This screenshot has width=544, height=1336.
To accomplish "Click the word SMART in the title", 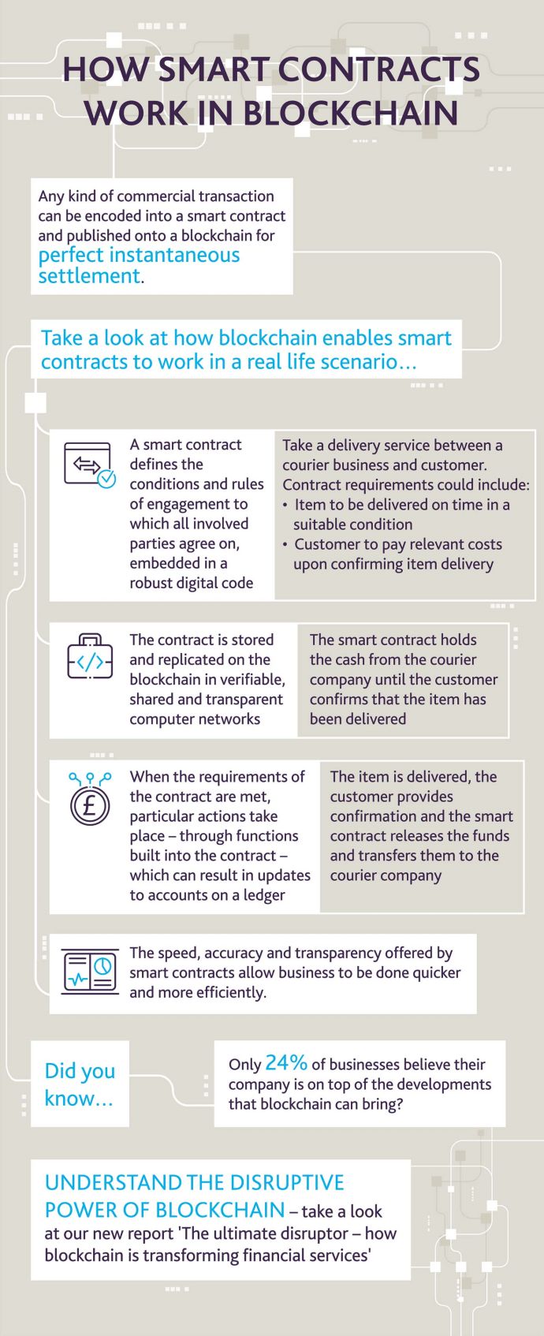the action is [x=215, y=69].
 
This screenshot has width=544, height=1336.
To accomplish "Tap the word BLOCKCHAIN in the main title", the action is [x=352, y=114].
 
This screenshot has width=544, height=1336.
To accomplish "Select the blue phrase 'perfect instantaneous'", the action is [x=139, y=256].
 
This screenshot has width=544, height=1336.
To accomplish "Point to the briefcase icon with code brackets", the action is [x=90, y=656].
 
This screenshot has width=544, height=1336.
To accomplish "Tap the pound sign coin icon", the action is [x=89, y=799].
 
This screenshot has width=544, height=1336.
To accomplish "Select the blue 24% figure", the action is [x=286, y=1062].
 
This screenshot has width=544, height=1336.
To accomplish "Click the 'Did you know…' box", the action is [x=80, y=1084].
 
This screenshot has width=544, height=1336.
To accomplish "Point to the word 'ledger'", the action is [x=264, y=894].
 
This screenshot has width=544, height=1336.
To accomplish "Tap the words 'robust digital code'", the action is [x=192, y=583].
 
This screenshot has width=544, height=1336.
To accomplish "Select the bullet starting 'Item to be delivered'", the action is [x=396, y=514].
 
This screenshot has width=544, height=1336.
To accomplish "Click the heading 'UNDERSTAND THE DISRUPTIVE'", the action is [x=195, y=1182].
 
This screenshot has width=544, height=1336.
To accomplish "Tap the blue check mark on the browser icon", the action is [x=106, y=479].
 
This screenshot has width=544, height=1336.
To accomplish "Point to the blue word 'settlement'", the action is [x=89, y=276].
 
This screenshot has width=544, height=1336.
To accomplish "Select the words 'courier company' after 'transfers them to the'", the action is [x=386, y=875].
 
